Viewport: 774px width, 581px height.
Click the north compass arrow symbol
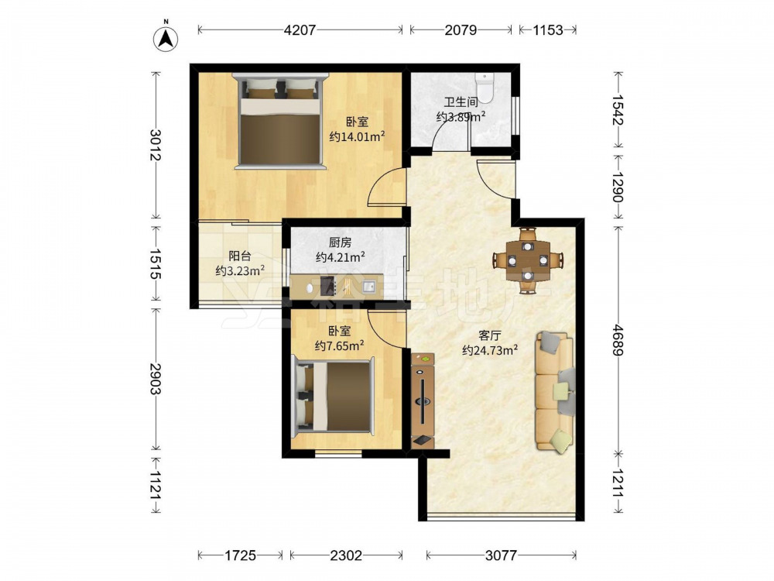coord(166,38)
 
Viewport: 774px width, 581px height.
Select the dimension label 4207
coord(300,30)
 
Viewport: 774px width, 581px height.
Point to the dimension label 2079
coord(461,30)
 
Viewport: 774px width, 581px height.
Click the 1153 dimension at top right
coord(547,30)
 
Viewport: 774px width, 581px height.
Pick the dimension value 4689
coord(618,339)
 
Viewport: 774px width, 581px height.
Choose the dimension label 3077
coord(501,555)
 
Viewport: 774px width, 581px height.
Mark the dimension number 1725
coord(241,555)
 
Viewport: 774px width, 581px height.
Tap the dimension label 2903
coord(156,379)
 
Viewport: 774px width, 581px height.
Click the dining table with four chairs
coord(528,260)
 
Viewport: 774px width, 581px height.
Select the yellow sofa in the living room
coord(555,391)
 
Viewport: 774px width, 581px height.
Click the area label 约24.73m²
coord(490,350)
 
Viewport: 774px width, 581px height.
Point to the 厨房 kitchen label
coord(340,242)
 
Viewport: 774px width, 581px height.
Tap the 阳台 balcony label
coord(240,256)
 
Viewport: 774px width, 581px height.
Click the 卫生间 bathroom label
coord(461,102)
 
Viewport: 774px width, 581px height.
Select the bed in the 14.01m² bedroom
coord(280,122)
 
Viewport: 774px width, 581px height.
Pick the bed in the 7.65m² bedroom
coord(333,397)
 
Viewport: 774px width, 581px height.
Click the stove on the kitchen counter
coord(328,286)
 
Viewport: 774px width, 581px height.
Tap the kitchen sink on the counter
coord(369,286)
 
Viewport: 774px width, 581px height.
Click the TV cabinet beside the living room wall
coord(423,401)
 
